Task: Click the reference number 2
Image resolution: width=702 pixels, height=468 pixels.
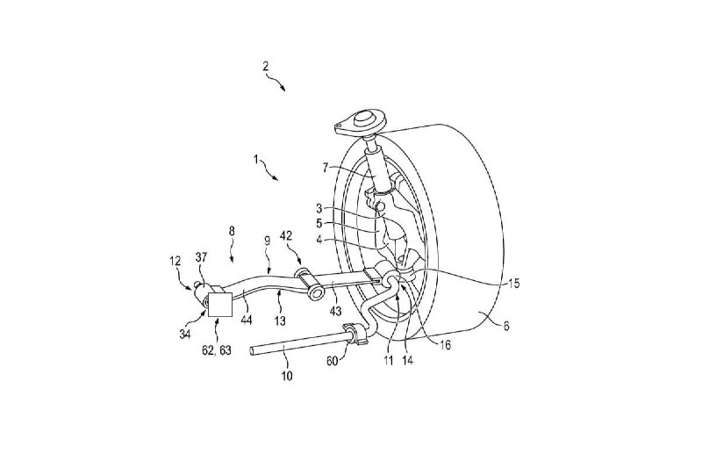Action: (x=266, y=66)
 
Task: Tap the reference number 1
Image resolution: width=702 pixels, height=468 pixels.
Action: (x=256, y=159)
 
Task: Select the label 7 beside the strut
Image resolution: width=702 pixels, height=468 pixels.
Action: (x=326, y=168)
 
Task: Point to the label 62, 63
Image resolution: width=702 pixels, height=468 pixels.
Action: (x=216, y=350)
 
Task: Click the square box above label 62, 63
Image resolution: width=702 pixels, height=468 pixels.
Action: (x=219, y=305)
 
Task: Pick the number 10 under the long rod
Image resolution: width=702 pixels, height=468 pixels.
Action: (x=287, y=375)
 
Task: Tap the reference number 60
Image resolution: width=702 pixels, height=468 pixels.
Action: (x=332, y=360)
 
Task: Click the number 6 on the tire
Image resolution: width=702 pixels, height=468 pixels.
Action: (x=506, y=327)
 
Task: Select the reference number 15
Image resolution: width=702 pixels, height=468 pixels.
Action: (x=513, y=283)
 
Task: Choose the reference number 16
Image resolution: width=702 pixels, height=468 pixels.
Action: (x=446, y=345)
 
